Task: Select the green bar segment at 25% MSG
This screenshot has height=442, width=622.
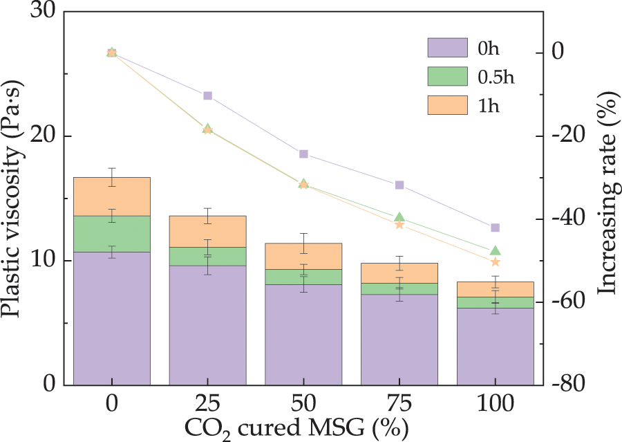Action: tap(207, 257)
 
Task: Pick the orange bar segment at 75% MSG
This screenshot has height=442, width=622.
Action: tap(399, 273)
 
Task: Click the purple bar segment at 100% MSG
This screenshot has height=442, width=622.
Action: tap(495, 346)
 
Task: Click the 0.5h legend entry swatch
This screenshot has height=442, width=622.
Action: tap(447, 77)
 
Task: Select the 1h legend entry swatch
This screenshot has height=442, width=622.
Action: tap(447, 106)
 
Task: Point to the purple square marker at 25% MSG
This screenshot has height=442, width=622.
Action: tap(207, 95)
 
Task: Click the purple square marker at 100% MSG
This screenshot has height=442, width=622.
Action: tap(495, 228)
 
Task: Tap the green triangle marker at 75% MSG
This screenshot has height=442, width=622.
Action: tap(399, 217)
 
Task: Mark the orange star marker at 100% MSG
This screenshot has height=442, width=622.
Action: tap(495, 261)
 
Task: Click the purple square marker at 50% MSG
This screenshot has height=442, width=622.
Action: tap(303, 154)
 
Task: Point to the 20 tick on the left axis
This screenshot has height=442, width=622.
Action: tap(65, 136)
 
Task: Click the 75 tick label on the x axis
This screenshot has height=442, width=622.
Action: tap(399, 403)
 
